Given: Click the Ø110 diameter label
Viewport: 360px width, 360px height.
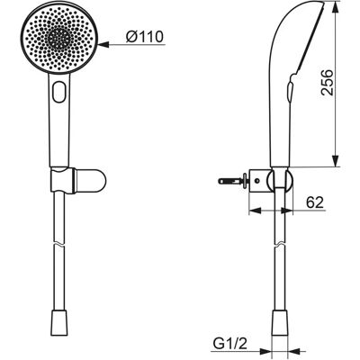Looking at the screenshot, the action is pos(145,37).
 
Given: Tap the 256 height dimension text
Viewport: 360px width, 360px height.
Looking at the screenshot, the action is pos(327,83).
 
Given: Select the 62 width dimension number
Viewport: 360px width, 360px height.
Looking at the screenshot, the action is pos(315,202).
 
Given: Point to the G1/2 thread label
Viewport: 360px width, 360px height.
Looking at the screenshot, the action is pos(229,344).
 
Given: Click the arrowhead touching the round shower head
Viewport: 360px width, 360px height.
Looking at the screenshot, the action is pos(103,45).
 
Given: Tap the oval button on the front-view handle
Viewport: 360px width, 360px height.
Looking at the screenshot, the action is pos(59,92).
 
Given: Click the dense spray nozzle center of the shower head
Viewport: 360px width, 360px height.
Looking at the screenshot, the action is pos(59,39).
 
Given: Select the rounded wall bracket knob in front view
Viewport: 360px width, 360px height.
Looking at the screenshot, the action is pos(90,181).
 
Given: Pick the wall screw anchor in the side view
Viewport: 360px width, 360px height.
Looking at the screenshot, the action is pos(232,181).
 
